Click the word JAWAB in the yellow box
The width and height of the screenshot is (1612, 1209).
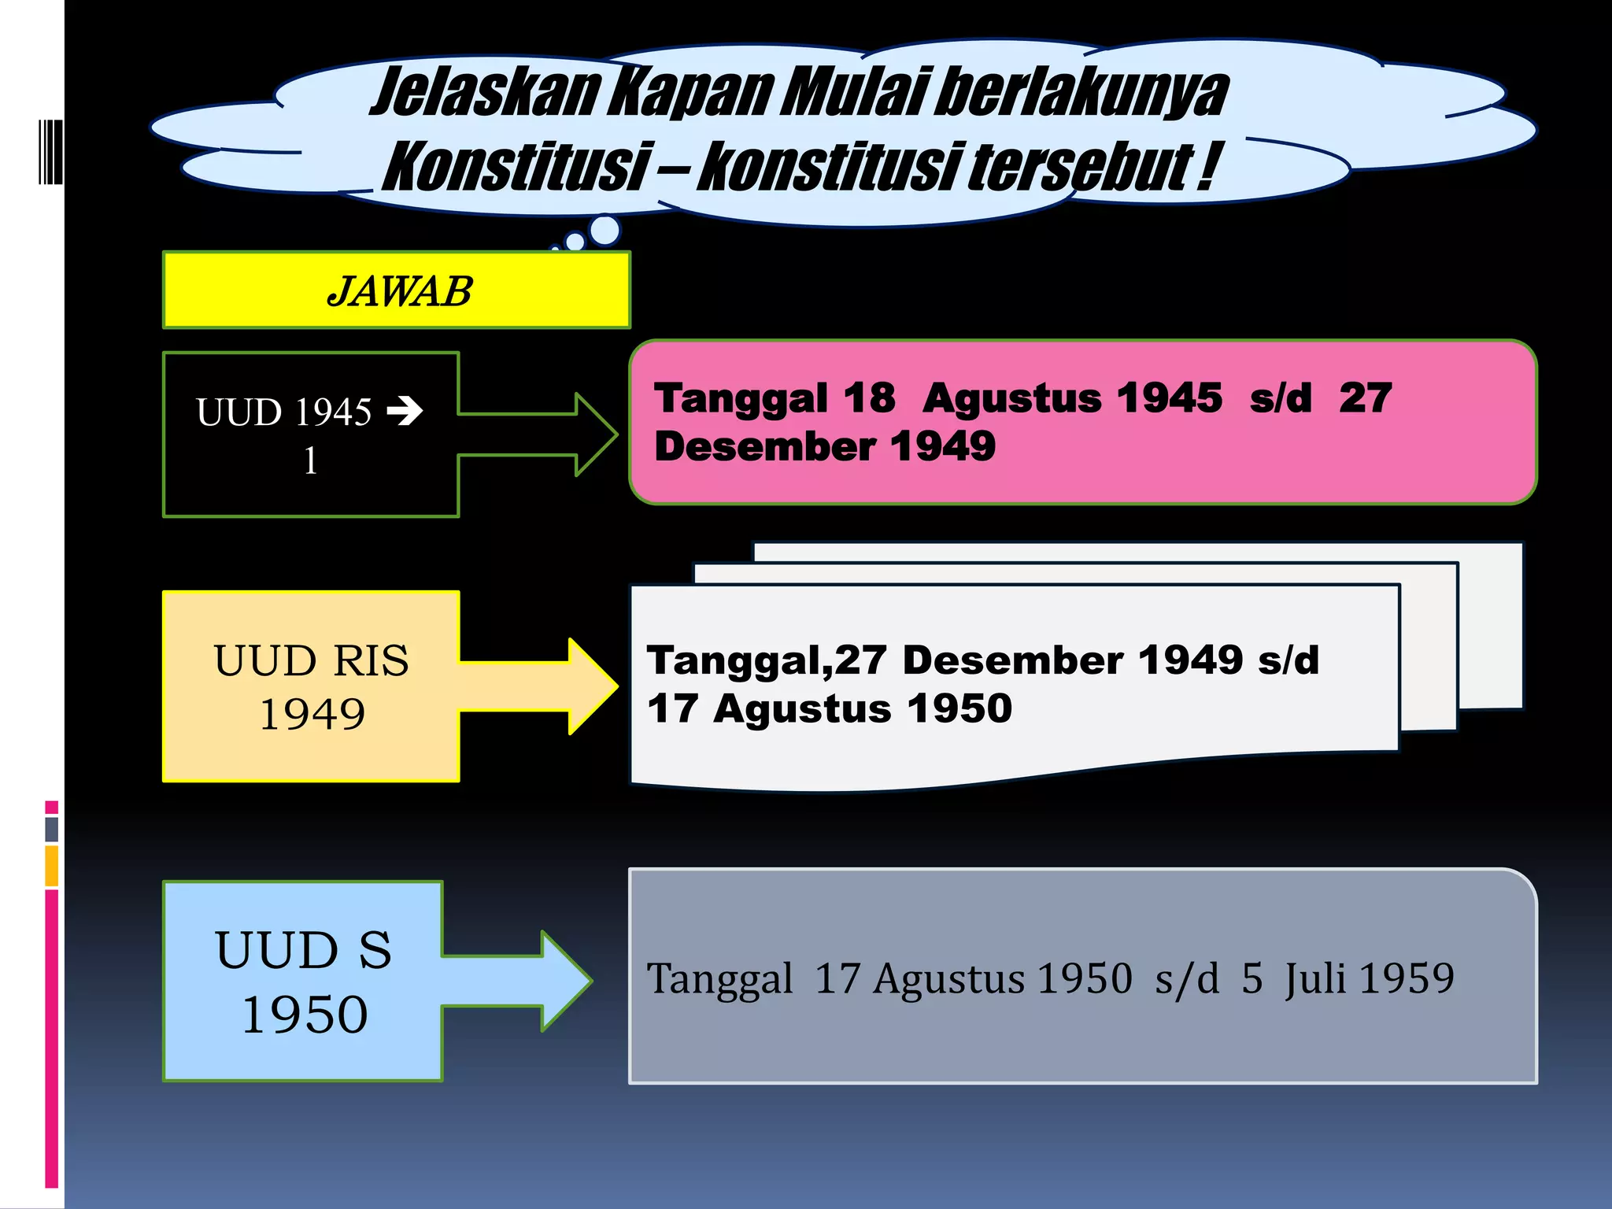click(400, 291)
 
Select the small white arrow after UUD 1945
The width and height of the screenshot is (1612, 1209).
click(405, 410)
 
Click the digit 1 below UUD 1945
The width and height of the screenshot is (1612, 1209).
click(311, 460)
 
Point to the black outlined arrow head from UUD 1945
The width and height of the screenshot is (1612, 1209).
click(596, 434)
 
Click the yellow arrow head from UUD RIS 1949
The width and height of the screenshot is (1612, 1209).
click(593, 686)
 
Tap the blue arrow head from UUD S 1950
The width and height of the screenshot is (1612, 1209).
click(566, 981)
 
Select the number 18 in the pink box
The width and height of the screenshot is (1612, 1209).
click(869, 397)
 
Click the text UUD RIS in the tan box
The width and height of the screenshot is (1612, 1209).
click(311, 660)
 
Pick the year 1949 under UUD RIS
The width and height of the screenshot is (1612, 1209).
click(312, 715)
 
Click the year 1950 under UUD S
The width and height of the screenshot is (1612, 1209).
click(305, 1014)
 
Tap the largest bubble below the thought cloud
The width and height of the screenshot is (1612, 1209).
click(604, 230)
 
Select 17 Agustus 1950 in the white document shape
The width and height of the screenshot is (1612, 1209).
click(830, 708)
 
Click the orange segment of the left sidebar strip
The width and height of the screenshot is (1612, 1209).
click(52, 866)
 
